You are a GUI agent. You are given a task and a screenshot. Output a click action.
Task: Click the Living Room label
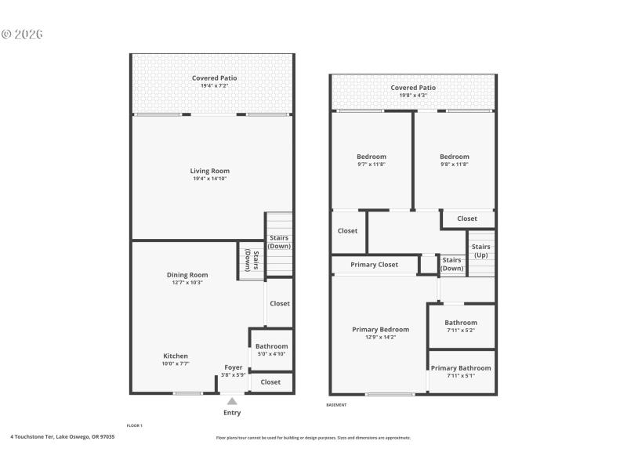[210, 171]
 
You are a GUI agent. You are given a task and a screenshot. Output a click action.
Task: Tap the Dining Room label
[187, 275]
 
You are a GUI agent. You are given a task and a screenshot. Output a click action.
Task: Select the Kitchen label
[176, 356]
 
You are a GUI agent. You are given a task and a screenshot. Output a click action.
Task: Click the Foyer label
[234, 367]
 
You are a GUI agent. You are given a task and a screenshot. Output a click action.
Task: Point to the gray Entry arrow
[232, 401]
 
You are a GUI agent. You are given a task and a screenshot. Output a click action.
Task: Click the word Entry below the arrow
[232, 413]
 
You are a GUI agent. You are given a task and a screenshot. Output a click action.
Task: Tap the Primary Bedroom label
[381, 330]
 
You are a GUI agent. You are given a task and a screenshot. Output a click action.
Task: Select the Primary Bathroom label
[461, 368]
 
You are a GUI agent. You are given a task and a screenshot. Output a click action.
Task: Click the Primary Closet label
[374, 265]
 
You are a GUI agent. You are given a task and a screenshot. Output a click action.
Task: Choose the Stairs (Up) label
[480, 251]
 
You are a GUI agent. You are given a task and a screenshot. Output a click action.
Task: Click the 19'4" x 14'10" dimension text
[210, 179]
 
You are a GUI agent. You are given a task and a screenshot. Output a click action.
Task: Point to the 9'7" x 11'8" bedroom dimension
[371, 165]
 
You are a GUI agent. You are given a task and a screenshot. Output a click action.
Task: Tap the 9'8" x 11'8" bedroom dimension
[455, 165]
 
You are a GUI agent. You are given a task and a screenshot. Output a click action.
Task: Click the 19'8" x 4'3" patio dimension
[413, 96]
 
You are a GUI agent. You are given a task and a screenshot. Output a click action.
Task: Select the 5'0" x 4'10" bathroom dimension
[271, 354]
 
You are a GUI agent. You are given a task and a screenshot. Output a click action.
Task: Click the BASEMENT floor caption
[336, 405]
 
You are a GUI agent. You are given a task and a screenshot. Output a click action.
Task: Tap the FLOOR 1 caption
[135, 425]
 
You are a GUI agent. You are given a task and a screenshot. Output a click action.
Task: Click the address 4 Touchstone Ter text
[63, 437]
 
